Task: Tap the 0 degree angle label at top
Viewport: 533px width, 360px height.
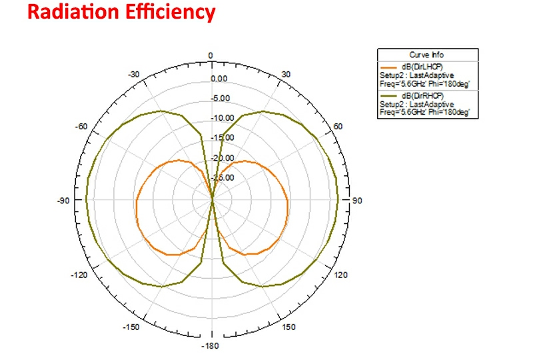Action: tap(211, 55)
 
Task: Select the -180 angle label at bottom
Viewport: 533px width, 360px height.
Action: tap(211, 345)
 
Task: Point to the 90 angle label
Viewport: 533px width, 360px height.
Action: tap(356, 200)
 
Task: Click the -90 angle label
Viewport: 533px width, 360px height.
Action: tap(64, 200)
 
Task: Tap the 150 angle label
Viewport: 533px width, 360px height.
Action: tap(288, 327)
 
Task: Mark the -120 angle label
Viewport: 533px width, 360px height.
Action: tap(81, 275)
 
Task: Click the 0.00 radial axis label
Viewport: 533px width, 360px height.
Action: tap(220, 79)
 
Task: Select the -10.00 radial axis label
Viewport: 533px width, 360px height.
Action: tap(222, 119)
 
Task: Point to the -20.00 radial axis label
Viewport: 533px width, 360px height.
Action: tap(222, 158)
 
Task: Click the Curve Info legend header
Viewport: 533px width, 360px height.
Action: tap(426, 55)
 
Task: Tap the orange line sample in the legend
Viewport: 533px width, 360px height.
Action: tap(388, 67)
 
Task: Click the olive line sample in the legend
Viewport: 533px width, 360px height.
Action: tap(388, 96)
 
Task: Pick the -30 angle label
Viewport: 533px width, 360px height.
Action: tap(133, 74)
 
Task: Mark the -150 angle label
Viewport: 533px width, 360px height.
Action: tap(131, 327)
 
